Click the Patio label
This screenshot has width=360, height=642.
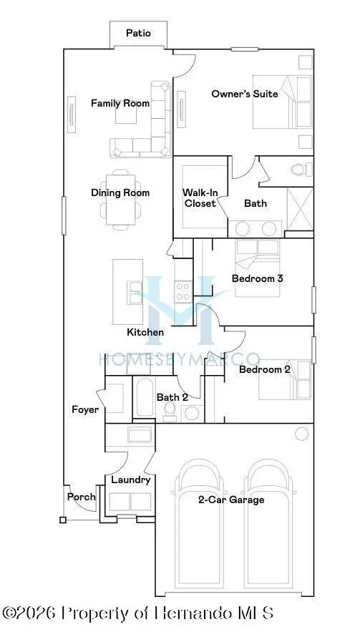coord(138,33)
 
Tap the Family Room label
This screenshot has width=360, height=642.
coord(120,103)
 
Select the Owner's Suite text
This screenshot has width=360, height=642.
coord(244,94)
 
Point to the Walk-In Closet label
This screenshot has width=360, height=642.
coord(200,198)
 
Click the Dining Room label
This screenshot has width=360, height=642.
coord(120,193)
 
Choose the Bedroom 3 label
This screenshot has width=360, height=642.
coord(258,278)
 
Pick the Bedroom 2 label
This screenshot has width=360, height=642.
coord(264,369)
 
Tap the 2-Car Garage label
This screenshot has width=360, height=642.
coord(231,500)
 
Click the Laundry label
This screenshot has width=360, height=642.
coord(130,480)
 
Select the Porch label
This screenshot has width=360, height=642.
coord(81,497)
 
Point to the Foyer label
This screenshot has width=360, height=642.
coord(84,409)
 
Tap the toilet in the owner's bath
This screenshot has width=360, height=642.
coord(298,170)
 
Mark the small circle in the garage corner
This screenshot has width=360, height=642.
coord(302,433)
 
